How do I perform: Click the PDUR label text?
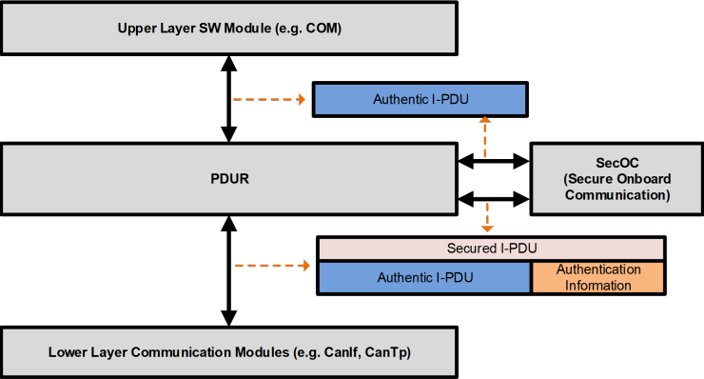pyautogui.click(x=227, y=179)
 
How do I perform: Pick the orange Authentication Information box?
pyautogui.click(x=598, y=277)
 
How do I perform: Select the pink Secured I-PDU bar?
pyautogui.click(x=492, y=248)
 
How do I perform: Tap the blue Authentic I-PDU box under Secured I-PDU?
pyautogui.click(x=423, y=277)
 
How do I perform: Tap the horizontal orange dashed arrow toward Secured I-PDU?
pyautogui.click(x=272, y=266)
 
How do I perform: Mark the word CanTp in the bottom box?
pyautogui.click(x=401, y=353)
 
